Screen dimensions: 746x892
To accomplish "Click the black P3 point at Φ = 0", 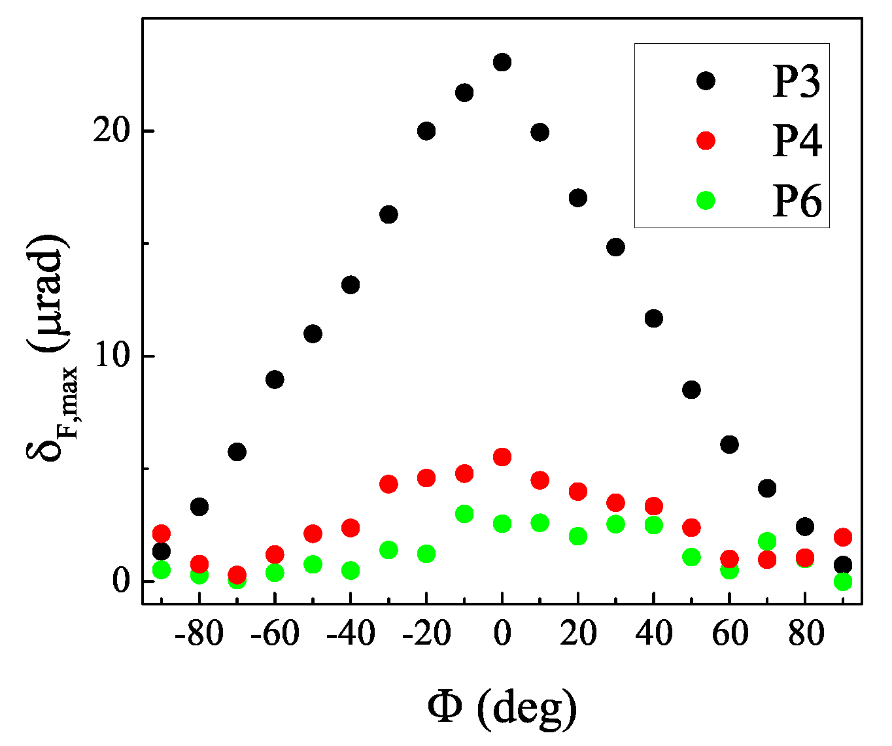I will pyautogui.click(x=502, y=63).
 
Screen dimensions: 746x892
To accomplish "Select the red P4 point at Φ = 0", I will pyautogui.click(x=502, y=457).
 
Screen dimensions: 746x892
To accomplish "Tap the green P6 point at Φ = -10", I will pyautogui.click(x=464, y=514).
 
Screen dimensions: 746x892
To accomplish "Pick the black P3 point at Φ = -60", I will pyautogui.click(x=275, y=380).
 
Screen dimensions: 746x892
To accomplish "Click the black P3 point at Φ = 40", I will pyautogui.click(x=653, y=318).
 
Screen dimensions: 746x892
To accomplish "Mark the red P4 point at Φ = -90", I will pyautogui.click(x=162, y=533).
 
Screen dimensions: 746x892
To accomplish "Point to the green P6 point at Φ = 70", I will pyautogui.click(x=767, y=541).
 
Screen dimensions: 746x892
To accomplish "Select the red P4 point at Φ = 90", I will pyautogui.click(x=843, y=537).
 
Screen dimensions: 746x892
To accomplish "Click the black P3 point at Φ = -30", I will pyautogui.click(x=388, y=214).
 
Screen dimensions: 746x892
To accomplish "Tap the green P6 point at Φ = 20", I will pyautogui.click(x=578, y=536).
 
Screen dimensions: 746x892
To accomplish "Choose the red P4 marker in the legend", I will pyautogui.click(x=706, y=141).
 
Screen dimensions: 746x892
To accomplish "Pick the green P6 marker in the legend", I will pyautogui.click(x=706, y=201).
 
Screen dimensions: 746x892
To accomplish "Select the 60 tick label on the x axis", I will pyautogui.click(x=729, y=634).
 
